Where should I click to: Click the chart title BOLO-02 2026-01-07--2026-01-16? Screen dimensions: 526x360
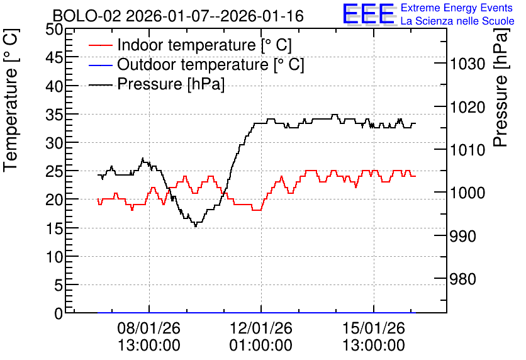[178, 16]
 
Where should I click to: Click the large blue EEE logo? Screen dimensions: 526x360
[368, 14]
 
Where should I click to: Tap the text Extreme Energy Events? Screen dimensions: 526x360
[457, 8]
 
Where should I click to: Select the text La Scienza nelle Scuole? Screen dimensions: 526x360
[457, 21]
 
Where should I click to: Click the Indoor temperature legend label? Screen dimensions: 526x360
[204, 45]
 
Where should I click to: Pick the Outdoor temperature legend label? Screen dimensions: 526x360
[210, 64]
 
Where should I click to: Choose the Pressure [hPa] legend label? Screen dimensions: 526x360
[171, 84]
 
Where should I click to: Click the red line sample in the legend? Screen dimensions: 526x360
[101, 45]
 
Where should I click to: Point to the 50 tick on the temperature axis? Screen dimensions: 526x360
[54, 29]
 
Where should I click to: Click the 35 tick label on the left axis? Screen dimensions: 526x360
[54, 115]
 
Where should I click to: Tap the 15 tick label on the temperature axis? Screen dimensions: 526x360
[54, 228]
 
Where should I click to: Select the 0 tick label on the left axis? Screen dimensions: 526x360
[59, 313]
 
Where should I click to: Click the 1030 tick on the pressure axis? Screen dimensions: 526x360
[467, 64]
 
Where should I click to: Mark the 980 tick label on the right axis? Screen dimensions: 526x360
[462, 279]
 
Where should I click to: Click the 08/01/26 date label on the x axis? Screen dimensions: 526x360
[149, 328]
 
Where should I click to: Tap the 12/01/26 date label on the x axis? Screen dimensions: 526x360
[261, 328]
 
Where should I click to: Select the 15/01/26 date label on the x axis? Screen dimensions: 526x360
[374, 328]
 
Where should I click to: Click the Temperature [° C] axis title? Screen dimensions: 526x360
[11, 100]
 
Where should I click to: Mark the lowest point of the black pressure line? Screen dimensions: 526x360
[196, 227]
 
